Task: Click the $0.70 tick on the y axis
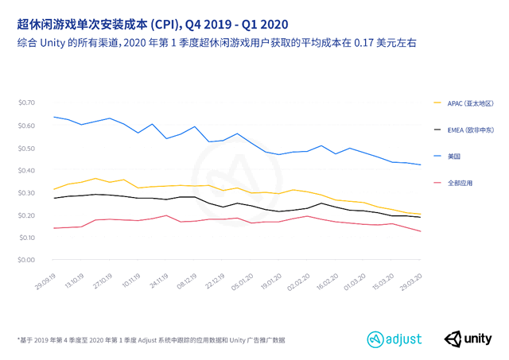(x=27, y=103)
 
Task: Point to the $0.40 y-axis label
(x=27, y=170)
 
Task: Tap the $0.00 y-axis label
(x=27, y=260)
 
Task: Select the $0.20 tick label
(x=27, y=215)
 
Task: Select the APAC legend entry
(x=469, y=103)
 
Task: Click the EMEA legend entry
(x=469, y=130)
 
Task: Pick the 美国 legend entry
(x=453, y=156)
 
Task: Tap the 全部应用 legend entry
(x=459, y=183)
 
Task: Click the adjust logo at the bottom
(x=394, y=339)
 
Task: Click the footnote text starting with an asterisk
(x=151, y=340)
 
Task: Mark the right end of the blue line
(x=421, y=165)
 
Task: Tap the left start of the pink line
(x=54, y=228)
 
